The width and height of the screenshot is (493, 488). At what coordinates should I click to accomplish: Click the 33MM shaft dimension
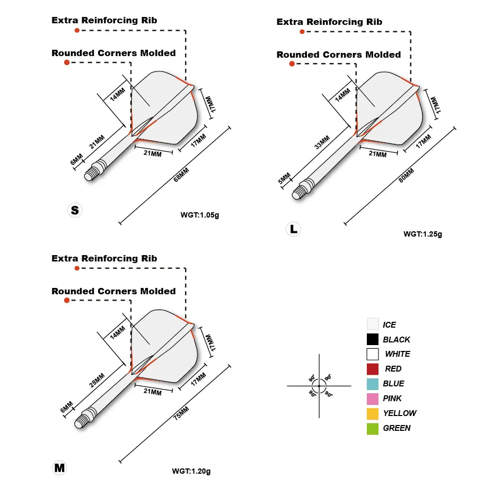coord(322,142)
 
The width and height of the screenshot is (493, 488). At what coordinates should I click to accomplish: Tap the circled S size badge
coord(75,210)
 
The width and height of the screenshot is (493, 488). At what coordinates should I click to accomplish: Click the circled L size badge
coord(293,229)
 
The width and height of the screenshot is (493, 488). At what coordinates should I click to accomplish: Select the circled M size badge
coord(59,468)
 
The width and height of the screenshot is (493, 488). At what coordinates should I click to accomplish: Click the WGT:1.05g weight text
coord(199,215)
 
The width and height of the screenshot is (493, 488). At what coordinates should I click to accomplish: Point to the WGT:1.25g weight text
coord(422,234)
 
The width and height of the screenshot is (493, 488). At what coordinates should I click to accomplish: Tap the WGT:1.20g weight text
coord(191,471)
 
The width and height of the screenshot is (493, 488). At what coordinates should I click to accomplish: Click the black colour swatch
coord(373,339)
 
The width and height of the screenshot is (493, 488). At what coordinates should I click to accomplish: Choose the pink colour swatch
coord(373,399)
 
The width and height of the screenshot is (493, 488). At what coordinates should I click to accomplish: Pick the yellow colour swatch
coord(373,413)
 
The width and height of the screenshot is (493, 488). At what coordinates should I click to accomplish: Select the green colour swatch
coord(373,428)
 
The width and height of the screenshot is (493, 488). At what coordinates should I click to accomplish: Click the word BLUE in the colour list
coord(393,384)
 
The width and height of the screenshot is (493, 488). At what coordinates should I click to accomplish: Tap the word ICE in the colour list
coord(389,324)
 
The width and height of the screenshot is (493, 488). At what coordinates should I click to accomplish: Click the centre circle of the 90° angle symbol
coord(320,386)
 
